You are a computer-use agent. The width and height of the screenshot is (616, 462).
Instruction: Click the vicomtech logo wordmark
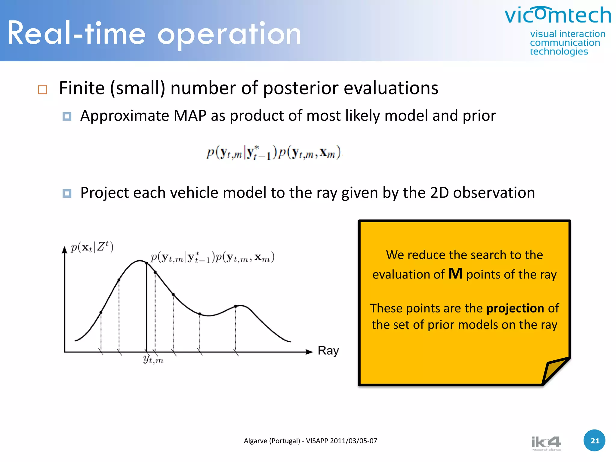[x=558, y=16]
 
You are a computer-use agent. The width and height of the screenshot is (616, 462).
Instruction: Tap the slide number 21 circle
[x=594, y=441]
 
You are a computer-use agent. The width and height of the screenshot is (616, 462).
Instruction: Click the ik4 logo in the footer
[x=546, y=443]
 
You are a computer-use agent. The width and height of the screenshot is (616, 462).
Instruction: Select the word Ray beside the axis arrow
[x=328, y=351]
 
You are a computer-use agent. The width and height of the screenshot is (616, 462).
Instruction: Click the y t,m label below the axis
[x=153, y=359]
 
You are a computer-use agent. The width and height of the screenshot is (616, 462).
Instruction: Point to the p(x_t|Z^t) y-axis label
[x=92, y=247]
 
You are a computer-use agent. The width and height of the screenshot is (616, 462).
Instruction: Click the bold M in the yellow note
[x=455, y=274]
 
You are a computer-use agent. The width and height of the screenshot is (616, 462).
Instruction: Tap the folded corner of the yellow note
[x=555, y=370]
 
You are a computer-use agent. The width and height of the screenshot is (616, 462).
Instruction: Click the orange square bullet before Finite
[x=42, y=90]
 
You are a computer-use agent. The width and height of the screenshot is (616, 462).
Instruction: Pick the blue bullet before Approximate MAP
[x=67, y=116]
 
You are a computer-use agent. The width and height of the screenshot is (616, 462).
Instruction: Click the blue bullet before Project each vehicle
[x=67, y=193]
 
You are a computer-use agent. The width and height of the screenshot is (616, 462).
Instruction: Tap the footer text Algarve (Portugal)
[x=272, y=441]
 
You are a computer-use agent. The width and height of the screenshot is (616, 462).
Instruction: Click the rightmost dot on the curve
[x=236, y=306]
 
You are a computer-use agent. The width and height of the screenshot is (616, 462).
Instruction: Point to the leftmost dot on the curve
[x=101, y=313]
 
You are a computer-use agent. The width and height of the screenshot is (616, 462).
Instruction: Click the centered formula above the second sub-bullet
[x=273, y=153]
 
